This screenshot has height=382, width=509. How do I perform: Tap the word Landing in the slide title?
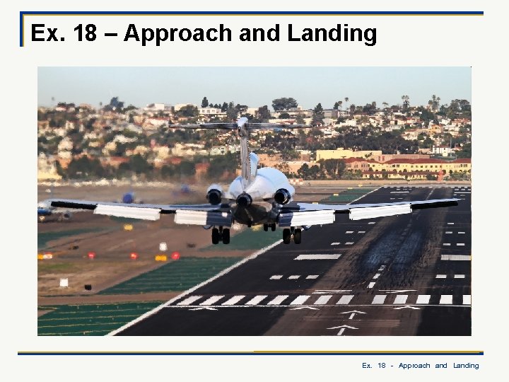click(x=332, y=34)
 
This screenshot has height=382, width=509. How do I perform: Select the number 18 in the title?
click(x=85, y=34)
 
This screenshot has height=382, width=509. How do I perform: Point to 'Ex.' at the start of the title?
click(x=48, y=34)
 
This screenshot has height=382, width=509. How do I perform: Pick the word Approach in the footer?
click(x=414, y=366)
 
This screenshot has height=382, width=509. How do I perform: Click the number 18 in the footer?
click(x=381, y=366)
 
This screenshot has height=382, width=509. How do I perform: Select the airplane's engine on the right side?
click(x=283, y=195)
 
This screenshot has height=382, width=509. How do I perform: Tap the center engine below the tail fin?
click(x=244, y=199)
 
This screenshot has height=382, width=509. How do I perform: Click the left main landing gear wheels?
click(x=221, y=235)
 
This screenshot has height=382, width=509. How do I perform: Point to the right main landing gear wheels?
click(x=291, y=236)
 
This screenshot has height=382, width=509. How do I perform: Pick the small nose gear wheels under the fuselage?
click(x=269, y=227)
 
